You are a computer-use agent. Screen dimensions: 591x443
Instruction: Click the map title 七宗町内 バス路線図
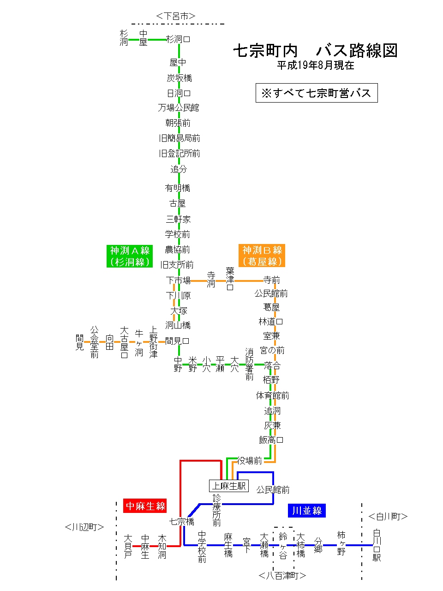(315, 50)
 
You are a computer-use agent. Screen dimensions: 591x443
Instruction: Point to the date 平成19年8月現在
(315, 66)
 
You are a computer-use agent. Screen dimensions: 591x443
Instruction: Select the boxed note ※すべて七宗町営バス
(317, 93)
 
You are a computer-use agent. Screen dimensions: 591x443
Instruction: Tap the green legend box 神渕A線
(130, 256)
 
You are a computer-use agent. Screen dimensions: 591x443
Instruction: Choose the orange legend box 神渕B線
(262, 256)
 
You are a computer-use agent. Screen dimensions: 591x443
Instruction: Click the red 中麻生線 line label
(145, 506)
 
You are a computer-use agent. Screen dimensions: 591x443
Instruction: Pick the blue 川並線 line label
(307, 511)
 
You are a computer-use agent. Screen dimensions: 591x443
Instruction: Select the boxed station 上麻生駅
(229, 486)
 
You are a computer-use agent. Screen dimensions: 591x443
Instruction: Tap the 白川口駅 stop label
(377, 545)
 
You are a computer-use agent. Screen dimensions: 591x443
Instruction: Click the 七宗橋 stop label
(181, 522)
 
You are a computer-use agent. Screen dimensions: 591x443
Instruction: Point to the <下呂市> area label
(176, 16)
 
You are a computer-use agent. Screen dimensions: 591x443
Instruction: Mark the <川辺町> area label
(84, 527)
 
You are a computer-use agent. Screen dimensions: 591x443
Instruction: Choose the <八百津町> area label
(282, 575)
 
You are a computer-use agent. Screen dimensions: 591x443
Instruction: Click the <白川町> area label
(388, 517)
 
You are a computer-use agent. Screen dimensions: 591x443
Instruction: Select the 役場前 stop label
(250, 460)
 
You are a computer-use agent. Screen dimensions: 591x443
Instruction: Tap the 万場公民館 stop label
(179, 108)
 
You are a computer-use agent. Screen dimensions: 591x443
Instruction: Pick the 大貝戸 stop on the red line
(128, 546)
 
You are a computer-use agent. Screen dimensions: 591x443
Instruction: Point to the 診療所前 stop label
(217, 510)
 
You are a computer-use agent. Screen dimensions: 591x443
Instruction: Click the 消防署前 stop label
(250, 364)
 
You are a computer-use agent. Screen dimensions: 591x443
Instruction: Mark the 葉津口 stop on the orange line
(230, 278)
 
